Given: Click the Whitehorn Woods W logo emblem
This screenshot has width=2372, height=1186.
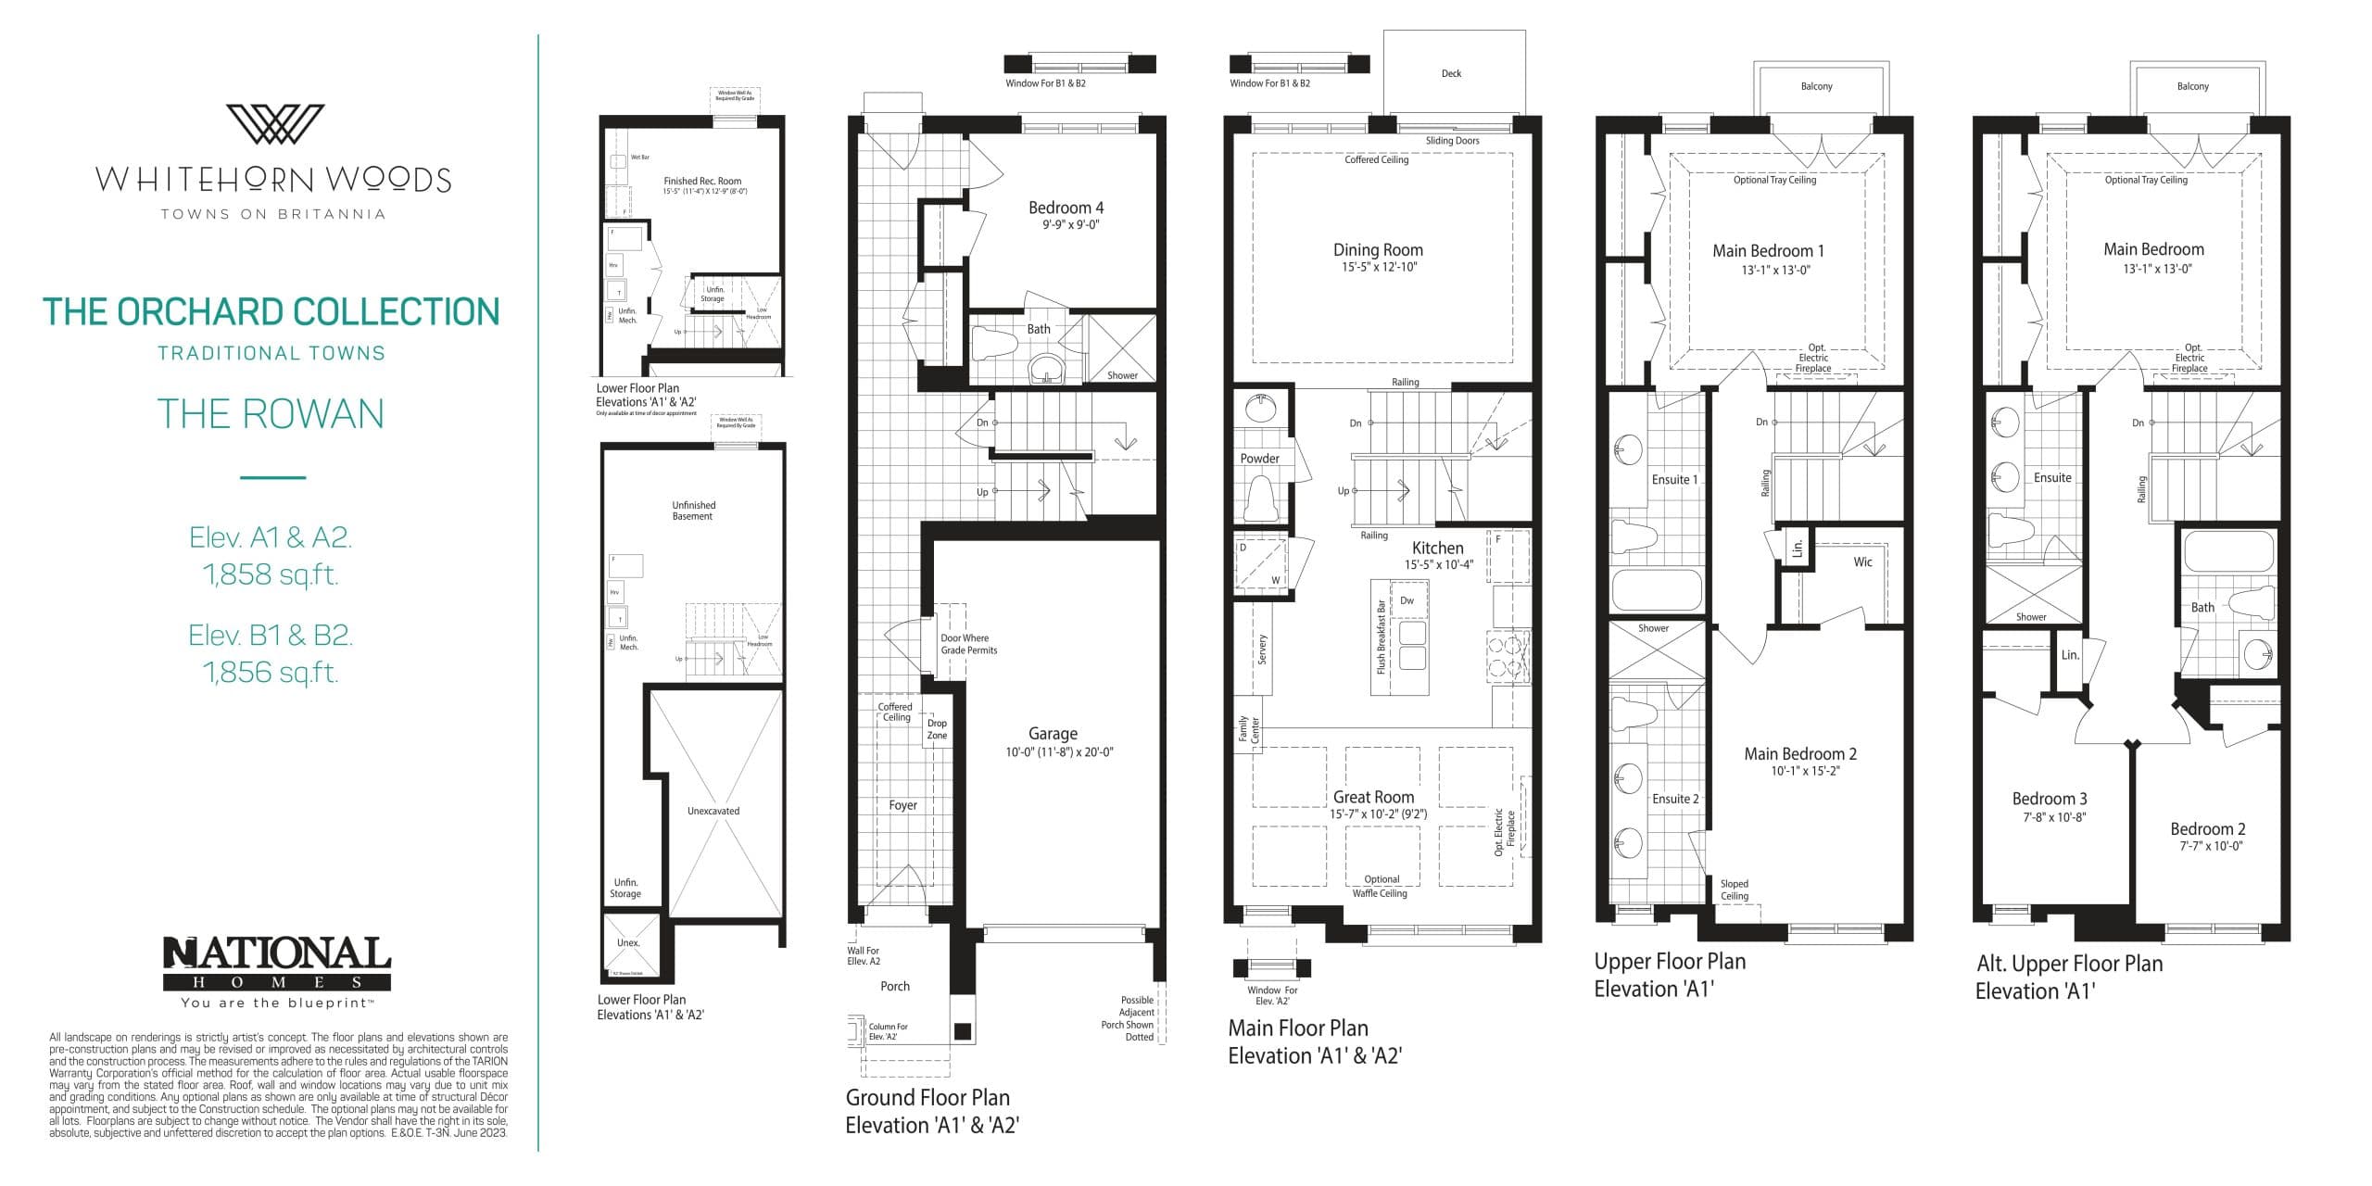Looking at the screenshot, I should (275, 124).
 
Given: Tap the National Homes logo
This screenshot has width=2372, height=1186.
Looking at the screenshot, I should (277, 964).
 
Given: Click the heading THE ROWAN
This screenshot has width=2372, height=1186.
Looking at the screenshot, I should (271, 413).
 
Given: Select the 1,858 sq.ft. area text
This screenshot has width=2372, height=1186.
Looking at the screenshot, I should (271, 574).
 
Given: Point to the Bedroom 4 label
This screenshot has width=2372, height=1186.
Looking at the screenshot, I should (1066, 208).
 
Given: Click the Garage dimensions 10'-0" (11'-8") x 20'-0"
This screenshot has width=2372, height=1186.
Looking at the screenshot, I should (1059, 752).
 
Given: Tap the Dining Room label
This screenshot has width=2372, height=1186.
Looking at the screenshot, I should (1378, 250).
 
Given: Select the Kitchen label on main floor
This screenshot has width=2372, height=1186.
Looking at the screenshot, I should (1437, 548).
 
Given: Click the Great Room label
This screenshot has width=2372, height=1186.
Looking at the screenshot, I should (1373, 797).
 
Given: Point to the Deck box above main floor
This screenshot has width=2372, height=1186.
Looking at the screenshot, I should (1451, 73).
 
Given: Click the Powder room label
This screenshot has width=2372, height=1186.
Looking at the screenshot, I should (1259, 459).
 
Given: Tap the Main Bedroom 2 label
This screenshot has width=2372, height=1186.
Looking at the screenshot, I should (1800, 754).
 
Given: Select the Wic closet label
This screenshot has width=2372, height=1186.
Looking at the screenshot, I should (1862, 562).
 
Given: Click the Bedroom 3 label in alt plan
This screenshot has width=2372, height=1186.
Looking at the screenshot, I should (2050, 799).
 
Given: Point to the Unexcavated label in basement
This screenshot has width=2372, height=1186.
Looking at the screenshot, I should (713, 811).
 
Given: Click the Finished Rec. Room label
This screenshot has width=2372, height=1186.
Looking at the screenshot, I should (702, 182).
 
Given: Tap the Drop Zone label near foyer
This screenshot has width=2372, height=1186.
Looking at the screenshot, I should (937, 729).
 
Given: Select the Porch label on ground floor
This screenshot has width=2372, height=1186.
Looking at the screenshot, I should (895, 986).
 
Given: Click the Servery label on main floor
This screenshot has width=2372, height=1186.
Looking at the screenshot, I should (1262, 649).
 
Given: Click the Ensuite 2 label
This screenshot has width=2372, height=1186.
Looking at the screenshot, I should (1675, 799).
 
